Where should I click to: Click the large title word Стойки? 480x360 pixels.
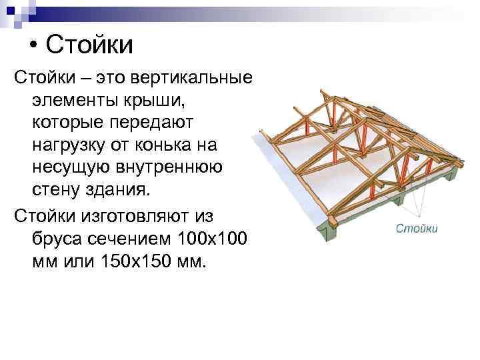click(x=90, y=45)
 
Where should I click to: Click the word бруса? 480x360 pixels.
click(x=55, y=237)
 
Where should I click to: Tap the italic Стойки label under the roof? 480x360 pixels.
click(x=417, y=229)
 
